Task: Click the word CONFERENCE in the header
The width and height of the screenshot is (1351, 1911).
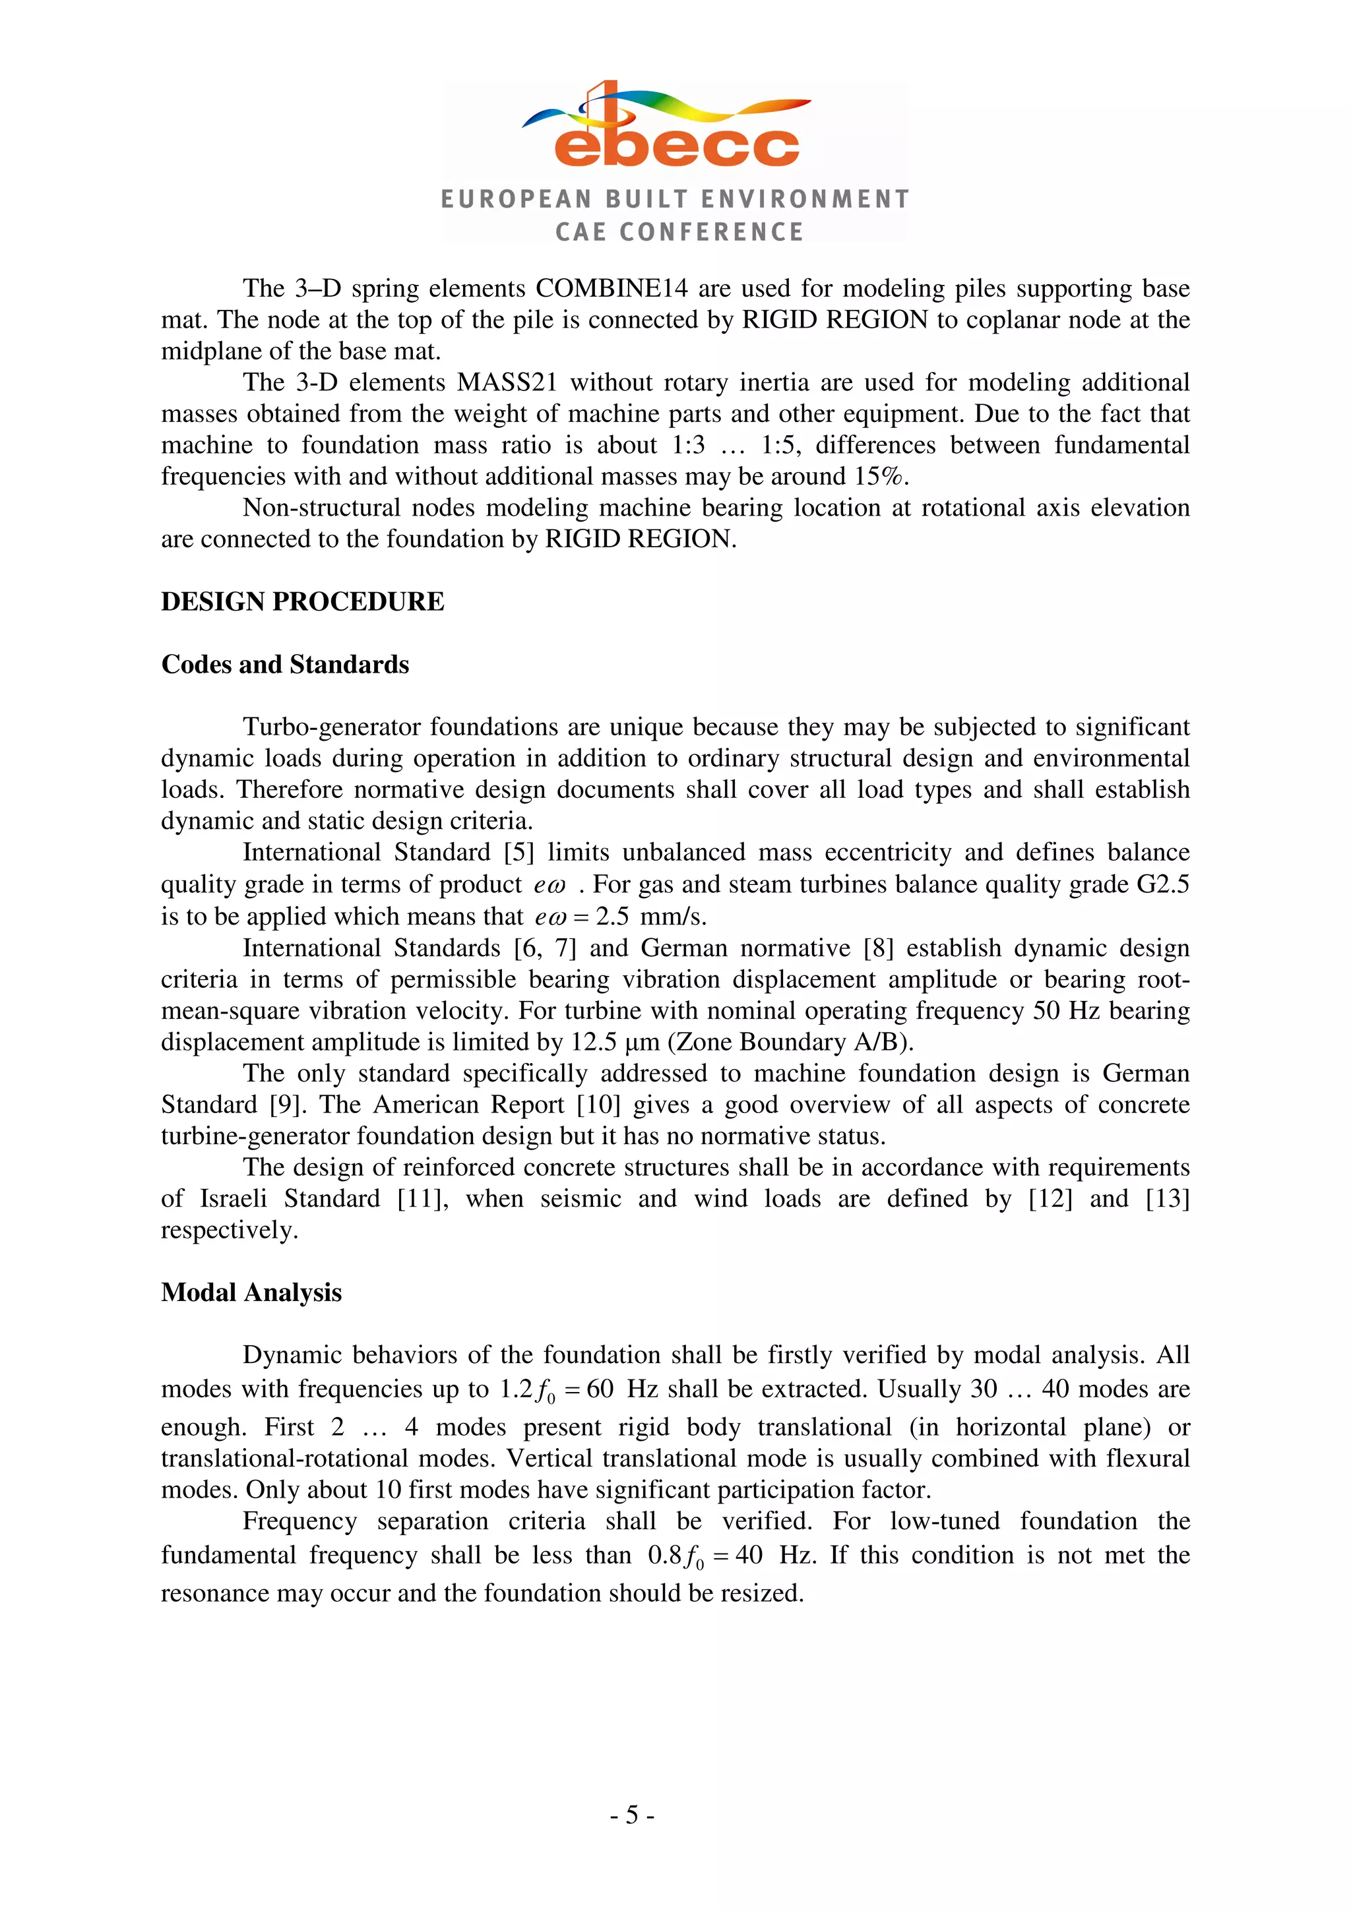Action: coord(712,231)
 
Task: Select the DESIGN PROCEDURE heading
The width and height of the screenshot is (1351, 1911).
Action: coord(302,602)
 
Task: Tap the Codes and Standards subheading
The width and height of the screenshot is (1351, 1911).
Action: coord(285,664)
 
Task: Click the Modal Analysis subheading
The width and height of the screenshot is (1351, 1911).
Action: coord(251,1292)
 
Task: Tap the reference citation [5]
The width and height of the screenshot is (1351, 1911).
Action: coord(518,852)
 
